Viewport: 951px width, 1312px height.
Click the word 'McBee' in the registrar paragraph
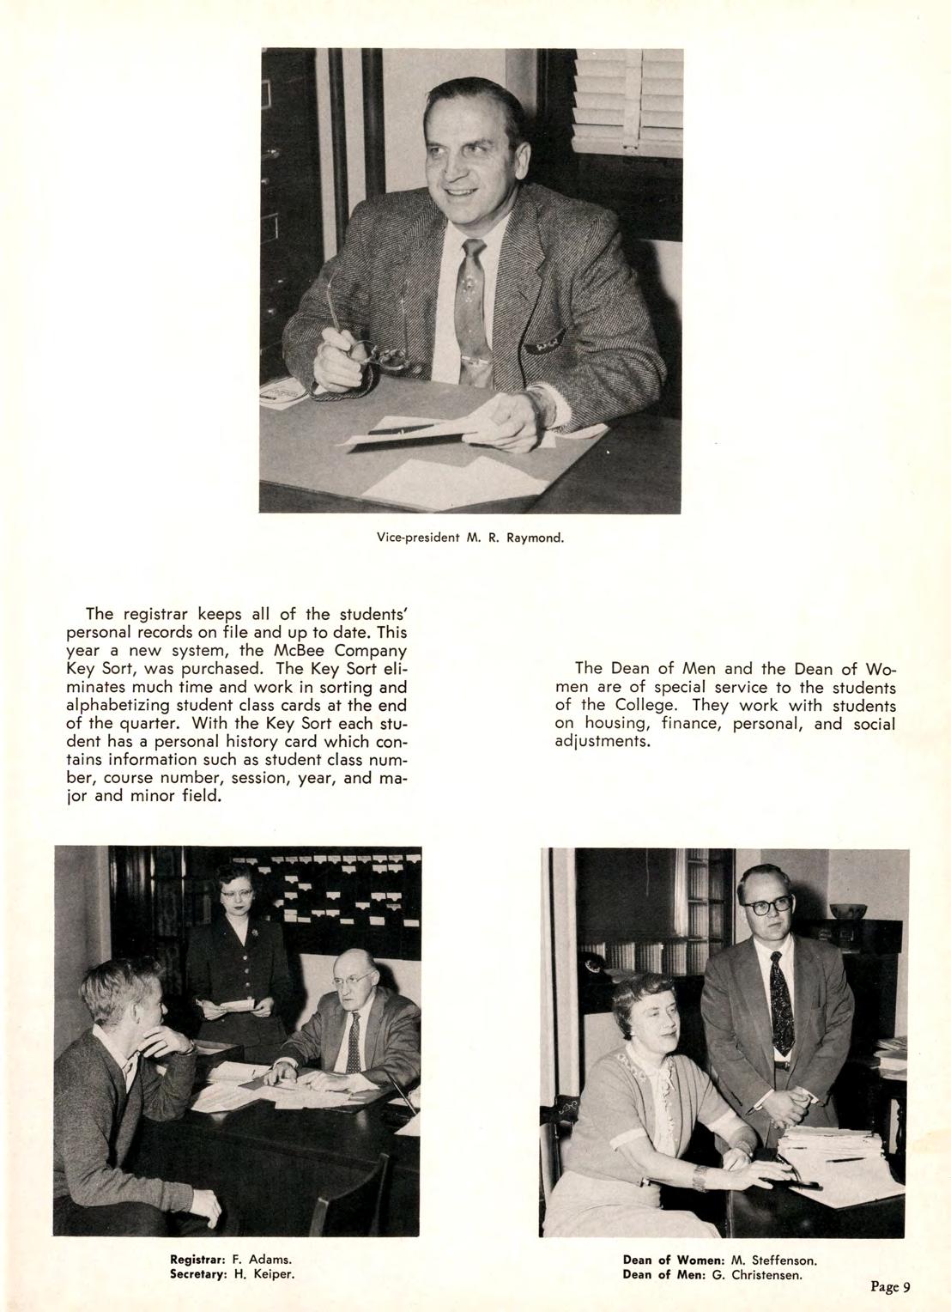tap(299, 651)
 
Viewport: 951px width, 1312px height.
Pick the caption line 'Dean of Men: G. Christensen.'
tap(712, 1274)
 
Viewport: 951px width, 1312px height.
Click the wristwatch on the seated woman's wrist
tap(700, 1178)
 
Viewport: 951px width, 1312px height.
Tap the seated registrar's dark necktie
tap(353, 1042)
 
